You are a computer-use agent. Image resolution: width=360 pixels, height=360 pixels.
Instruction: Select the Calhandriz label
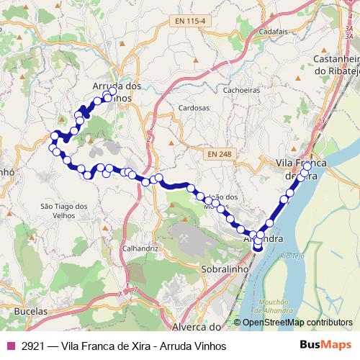coord(140,248)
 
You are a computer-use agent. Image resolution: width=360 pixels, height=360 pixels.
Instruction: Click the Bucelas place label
coord(30,311)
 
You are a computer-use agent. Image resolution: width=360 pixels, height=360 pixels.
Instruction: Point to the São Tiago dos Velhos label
coord(64,210)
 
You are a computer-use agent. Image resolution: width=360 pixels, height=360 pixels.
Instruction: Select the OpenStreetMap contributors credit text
coord(297,322)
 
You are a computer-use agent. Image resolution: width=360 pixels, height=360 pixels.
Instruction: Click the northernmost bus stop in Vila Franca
coord(307,166)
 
